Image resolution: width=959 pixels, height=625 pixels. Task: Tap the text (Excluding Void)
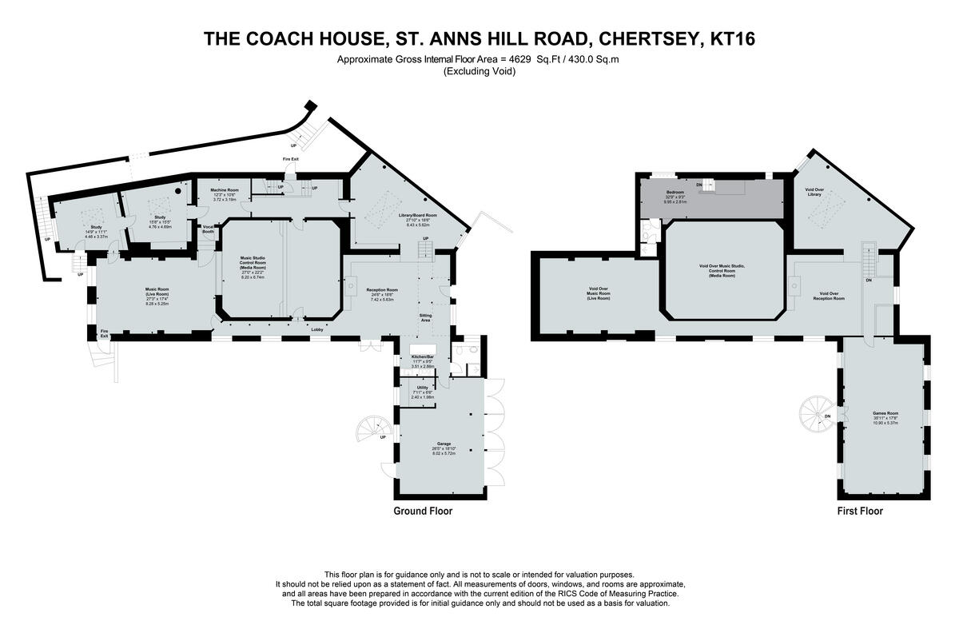tap(479, 71)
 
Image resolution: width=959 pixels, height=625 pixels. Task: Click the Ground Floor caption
tap(423, 511)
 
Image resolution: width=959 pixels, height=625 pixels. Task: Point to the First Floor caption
tap(860, 511)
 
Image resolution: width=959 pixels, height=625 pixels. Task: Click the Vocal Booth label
tap(209, 229)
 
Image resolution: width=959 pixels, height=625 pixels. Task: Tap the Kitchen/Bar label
tap(422, 356)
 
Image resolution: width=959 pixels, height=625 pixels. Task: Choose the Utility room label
tap(422, 388)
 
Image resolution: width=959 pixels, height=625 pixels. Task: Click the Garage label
tap(444, 443)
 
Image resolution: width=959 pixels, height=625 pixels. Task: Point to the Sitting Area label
tap(426, 317)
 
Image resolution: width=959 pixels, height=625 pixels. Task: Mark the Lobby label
tap(316, 329)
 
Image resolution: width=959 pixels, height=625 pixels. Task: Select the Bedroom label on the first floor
tap(676, 193)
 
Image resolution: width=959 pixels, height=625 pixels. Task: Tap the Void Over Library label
tap(815, 192)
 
